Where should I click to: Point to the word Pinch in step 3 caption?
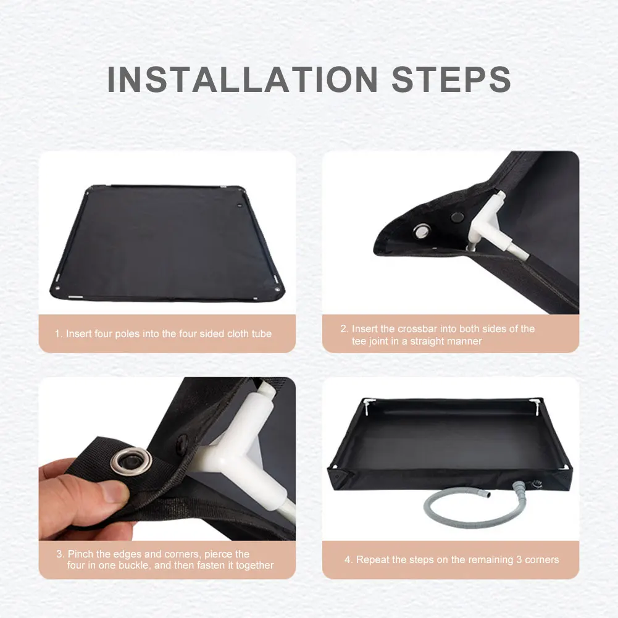(81, 554)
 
